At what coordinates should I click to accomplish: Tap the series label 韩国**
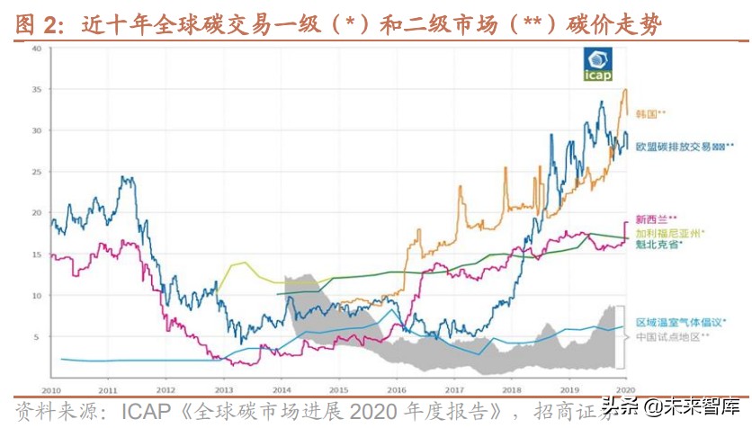click(650, 114)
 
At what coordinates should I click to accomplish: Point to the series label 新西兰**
click(657, 218)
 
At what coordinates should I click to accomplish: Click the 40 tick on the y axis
click(37, 49)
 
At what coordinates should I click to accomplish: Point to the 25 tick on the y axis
click(37, 172)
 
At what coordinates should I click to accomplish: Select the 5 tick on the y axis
click(39, 336)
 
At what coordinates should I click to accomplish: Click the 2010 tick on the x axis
click(50, 390)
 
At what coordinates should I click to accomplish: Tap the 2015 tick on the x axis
click(338, 390)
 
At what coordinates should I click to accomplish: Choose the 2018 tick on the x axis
click(511, 390)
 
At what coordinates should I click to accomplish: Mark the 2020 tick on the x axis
click(626, 390)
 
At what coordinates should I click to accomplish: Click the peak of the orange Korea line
click(624, 90)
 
